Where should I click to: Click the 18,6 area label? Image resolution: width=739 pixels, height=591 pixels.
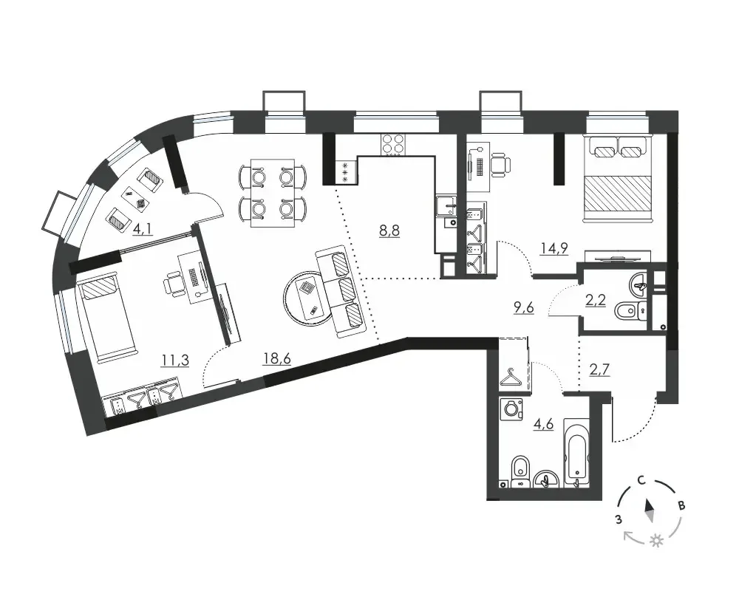(x=276, y=359)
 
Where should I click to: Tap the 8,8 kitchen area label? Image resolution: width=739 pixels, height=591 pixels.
(x=389, y=231)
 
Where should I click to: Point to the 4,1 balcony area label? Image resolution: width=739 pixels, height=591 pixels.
(x=143, y=230)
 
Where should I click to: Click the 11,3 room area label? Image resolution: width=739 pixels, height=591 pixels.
(x=175, y=361)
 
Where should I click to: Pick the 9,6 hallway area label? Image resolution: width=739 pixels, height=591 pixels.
(x=524, y=308)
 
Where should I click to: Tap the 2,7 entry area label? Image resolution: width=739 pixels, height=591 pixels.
(x=600, y=369)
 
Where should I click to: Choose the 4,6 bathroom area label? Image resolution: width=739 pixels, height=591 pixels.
(x=543, y=424)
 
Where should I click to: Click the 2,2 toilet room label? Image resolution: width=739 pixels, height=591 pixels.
(x=595, y=300)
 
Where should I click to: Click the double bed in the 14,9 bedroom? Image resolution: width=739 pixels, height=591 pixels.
(x=618, y=178)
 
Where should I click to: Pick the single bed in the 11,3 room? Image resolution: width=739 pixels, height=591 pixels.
(x=108, y=319)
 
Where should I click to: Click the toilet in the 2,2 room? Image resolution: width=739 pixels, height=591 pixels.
(x=631, y=311)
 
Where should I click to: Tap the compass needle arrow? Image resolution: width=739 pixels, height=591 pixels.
(x=650, y=511)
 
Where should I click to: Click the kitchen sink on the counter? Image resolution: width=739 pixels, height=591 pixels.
(x=446, y=206)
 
